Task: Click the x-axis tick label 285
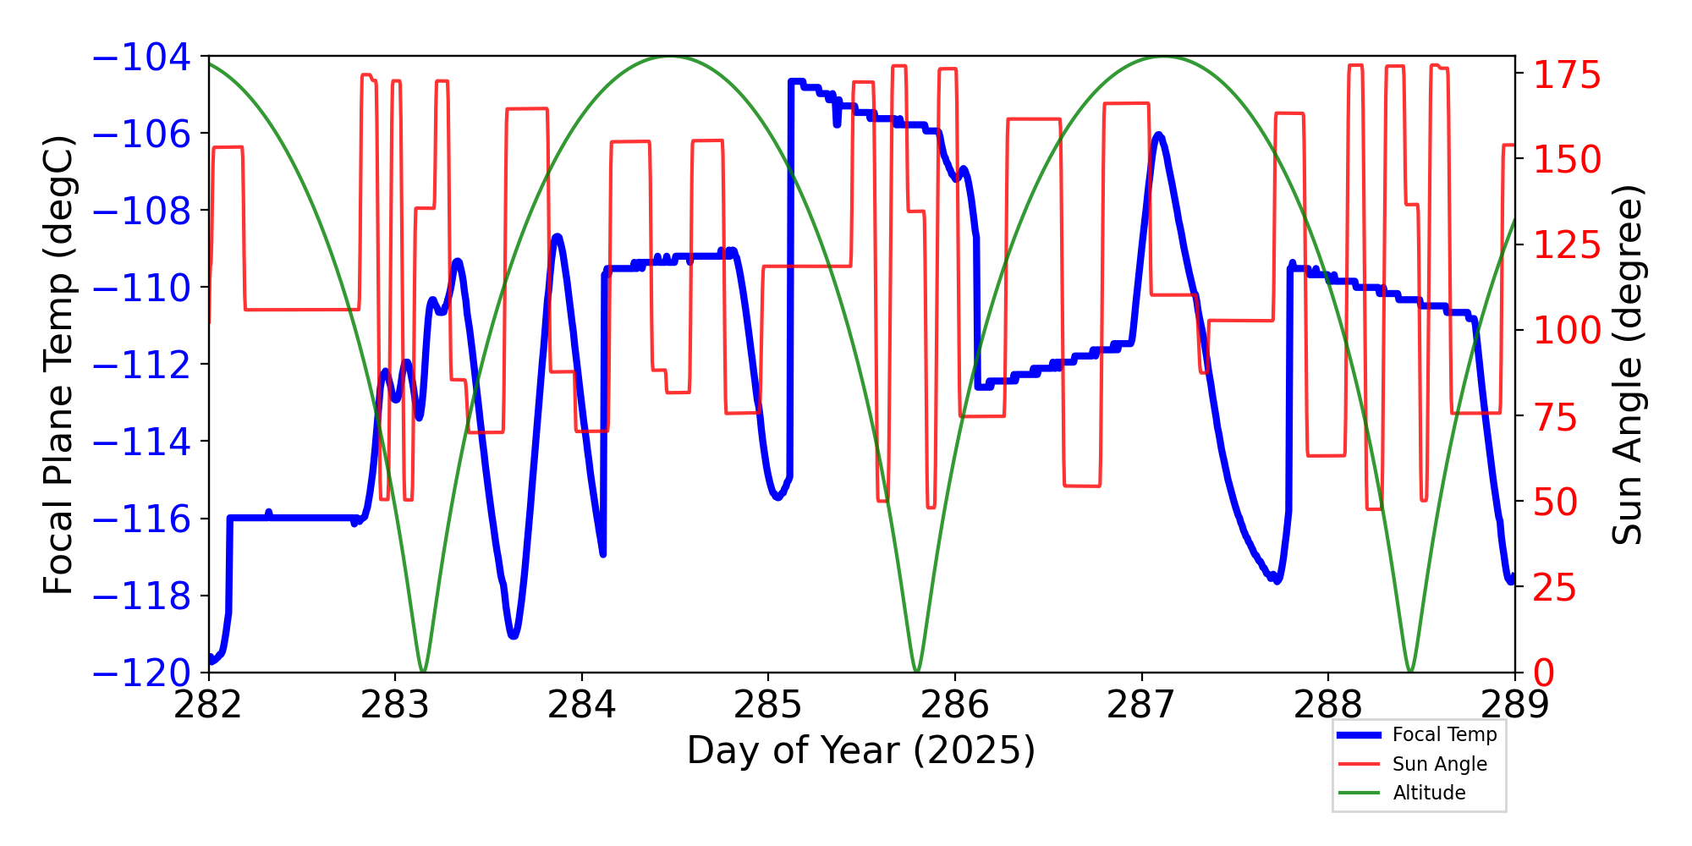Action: click(767, 705)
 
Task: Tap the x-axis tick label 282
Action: click(208, 705)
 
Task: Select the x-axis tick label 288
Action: click(1327, 705)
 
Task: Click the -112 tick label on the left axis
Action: click(141, 365)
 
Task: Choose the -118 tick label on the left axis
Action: click(141, 596)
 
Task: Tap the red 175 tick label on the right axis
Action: click(1568, 75)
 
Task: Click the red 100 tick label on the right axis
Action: click(1568, 331)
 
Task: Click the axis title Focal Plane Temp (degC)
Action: click(59, 365)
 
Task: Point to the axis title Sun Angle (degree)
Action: click(1627, 365)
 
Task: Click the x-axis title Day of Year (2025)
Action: click(861, 750)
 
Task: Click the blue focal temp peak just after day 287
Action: click(1158, 135)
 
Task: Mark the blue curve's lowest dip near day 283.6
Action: click(514, 635)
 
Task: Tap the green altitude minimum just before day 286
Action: click(917, 670)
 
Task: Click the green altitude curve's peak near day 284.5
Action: click(669, 58)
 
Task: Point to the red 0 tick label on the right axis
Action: click(1545, 673)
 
